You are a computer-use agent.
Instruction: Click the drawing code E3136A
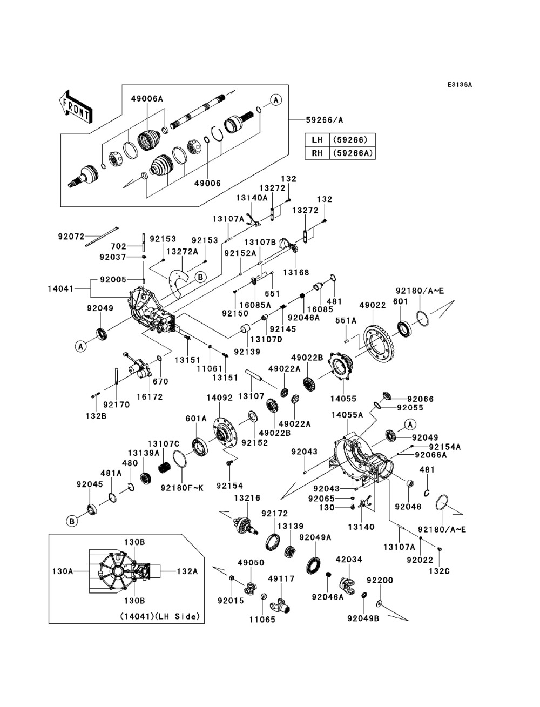[x=459, y=85]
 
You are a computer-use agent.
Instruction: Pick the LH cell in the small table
[x=317, y=140]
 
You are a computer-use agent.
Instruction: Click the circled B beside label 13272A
[x=200, y=277]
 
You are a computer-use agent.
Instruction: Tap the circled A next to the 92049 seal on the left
[x=80, y=346]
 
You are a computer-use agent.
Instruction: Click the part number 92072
[x=71, y=236]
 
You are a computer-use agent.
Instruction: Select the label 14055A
[x=347, y=415]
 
